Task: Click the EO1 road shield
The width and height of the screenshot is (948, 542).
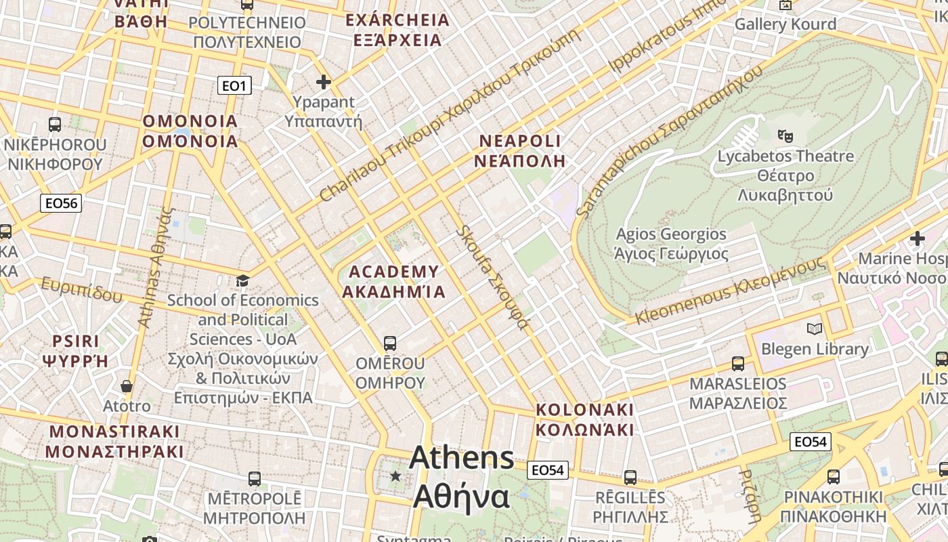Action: [234, 85]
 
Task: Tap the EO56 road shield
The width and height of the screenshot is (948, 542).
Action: [61, 203]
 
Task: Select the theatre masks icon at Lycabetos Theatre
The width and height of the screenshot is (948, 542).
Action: [785, 135]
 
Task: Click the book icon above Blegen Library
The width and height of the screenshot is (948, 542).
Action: [815, 329]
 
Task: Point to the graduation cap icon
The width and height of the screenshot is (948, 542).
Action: [242, 280]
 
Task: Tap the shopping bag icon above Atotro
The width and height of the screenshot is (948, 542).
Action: [127, 386]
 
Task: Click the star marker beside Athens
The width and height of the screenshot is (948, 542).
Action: [395, 476]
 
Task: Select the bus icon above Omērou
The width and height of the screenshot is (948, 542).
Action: [389, 343]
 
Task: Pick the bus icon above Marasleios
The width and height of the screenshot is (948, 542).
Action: [738, 363]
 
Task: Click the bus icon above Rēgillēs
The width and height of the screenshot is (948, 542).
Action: [630, 477]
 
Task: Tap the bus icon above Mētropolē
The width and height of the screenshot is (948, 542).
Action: [254, 478]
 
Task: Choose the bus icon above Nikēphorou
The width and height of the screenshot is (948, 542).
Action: [55, 124]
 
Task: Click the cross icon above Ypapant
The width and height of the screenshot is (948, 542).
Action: [324, 82]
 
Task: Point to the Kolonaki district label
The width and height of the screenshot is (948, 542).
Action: [585, 420]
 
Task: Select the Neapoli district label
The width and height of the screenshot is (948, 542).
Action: [519, 150]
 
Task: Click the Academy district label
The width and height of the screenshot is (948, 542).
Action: [393, 282]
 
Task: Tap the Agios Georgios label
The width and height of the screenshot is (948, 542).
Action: [670, 244]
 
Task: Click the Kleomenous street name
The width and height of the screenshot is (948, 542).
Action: [731, 291]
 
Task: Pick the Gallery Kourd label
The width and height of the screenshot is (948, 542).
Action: [785, 24]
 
